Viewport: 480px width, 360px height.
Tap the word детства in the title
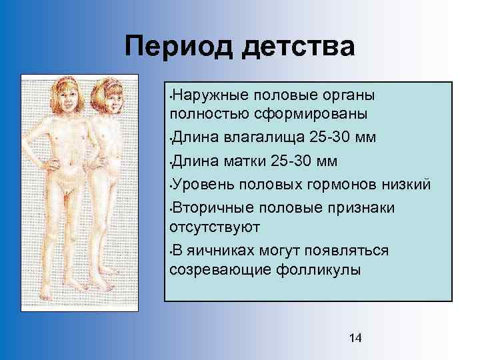tap(304, 47)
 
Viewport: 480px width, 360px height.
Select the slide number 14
tap(355, 338)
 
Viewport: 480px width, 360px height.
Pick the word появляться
tap(351, 251)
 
